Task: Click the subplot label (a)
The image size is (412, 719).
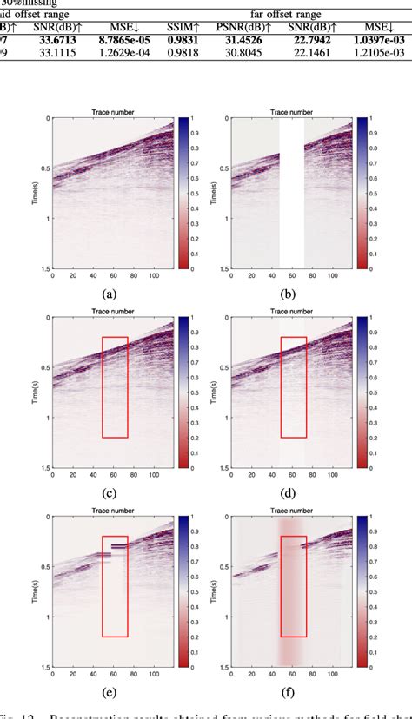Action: (x=109, y=294)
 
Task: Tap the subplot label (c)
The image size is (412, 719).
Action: (x=109, y=495)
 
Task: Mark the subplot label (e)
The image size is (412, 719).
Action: (x=109, y=695)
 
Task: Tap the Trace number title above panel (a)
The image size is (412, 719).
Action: (x=109, y=112)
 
